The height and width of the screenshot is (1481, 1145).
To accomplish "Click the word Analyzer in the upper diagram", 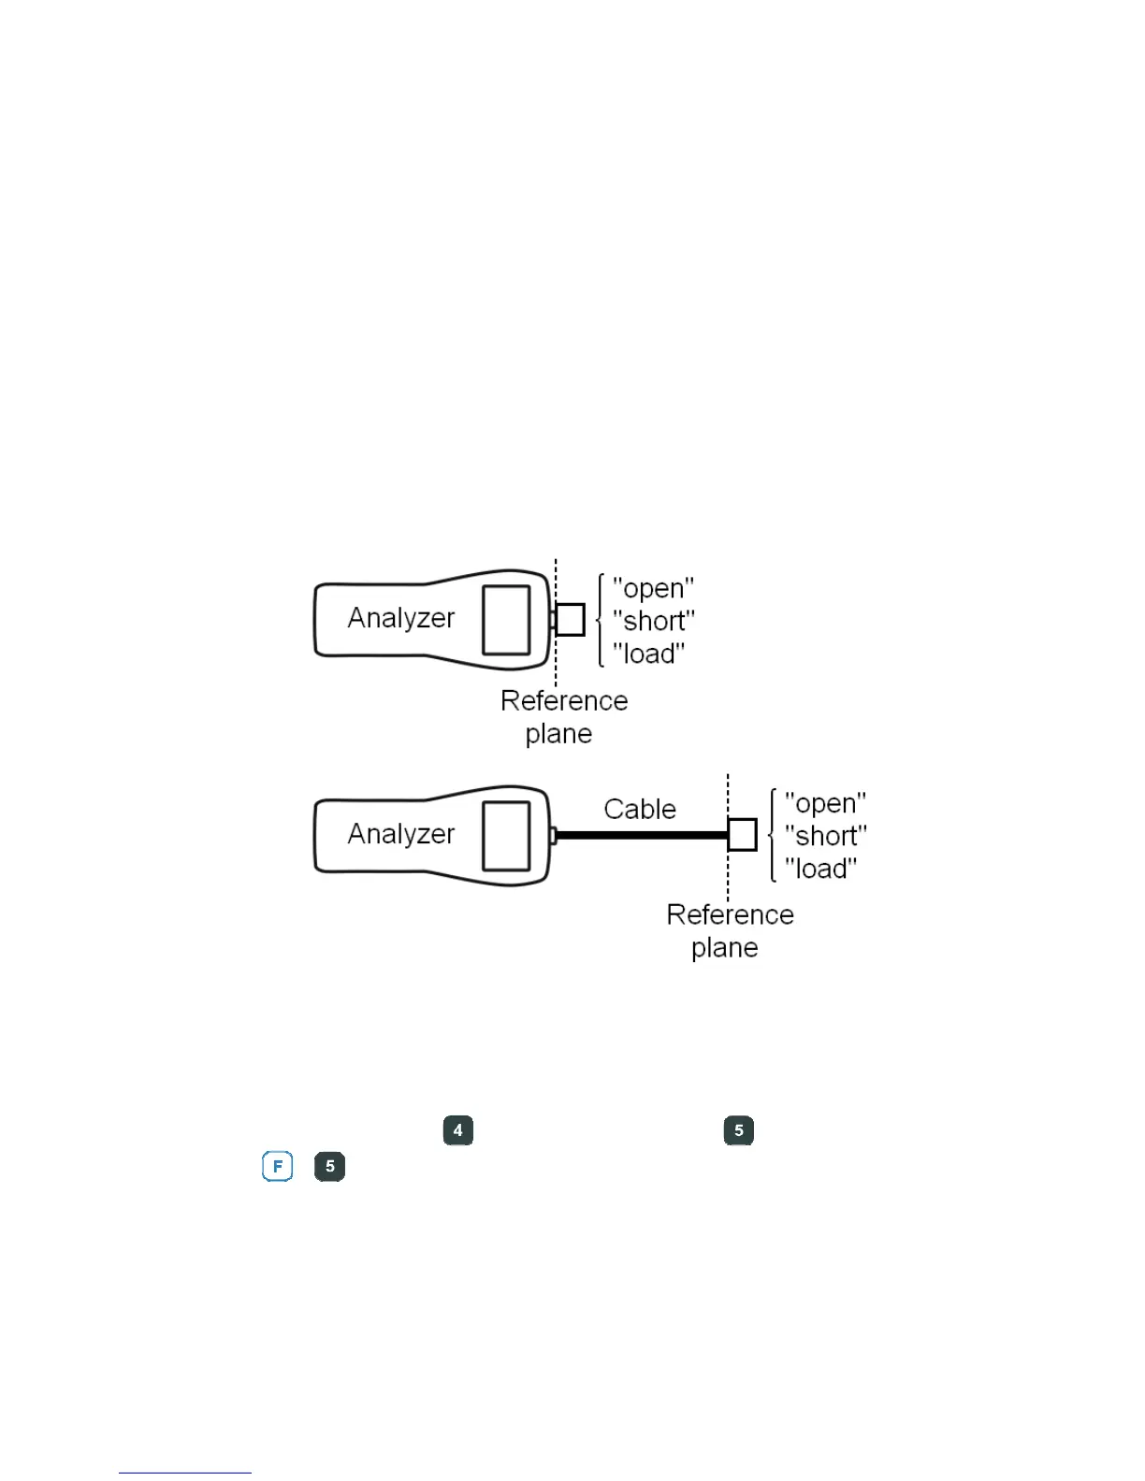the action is [x=400, y=618].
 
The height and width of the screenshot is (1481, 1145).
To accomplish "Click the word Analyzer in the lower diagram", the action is [x=400, y=834].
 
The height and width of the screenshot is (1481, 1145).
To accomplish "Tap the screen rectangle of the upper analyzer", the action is [x=506, y=620].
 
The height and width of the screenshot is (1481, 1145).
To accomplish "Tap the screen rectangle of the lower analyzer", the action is [x=506, y=836].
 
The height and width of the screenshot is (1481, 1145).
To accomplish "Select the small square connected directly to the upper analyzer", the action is [x=570, y=620].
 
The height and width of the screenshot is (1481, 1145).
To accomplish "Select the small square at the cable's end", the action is [x=742, y=835].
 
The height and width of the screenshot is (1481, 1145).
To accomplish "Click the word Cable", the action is [x=640, y=810].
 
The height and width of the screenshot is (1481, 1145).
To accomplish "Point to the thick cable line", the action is [x=642, y=835].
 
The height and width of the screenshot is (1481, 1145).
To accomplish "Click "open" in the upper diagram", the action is [x=653, y=589].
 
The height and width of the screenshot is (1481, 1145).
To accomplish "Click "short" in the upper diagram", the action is [x=653, y=622].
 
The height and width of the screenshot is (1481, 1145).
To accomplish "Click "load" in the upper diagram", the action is [x=648, y=654].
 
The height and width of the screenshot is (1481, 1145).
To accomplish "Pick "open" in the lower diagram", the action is [x=825, y=804].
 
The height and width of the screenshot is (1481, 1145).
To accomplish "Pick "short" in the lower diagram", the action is [x=825, y=837].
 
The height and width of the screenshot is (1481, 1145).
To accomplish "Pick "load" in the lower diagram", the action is [x=820, y=870].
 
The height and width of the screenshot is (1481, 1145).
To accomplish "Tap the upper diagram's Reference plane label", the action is [x=563, y=717].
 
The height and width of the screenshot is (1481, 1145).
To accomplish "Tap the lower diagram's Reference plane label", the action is [x=729, y=931].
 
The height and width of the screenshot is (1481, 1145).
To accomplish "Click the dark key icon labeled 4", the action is [x=457, y=1130].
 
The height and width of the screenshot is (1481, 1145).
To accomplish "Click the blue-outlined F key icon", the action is [x=278, y=1167].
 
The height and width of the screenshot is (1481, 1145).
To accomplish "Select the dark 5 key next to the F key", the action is [x=329, y=1167].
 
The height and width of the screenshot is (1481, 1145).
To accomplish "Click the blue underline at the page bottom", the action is [x=185, y=1473].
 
